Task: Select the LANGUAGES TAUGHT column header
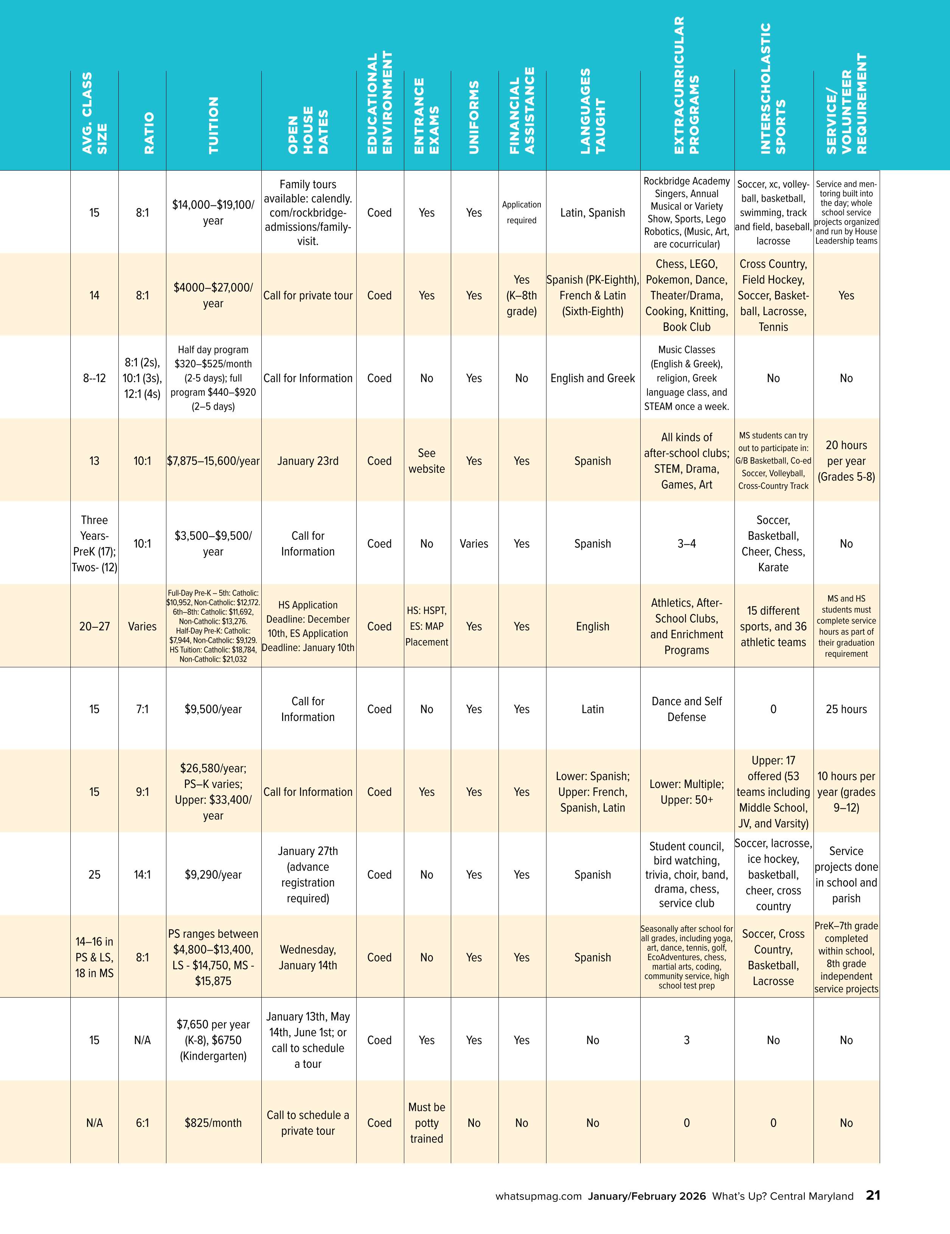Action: (593, 111)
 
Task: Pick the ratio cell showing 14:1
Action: (142, 875)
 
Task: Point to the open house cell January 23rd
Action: (308, 461)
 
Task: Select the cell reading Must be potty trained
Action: (427, 1123)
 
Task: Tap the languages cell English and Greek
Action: (593, 378)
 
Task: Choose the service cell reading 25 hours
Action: (846, 709)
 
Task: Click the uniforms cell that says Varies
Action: (474, 544)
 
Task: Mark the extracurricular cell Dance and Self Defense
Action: (686, 709)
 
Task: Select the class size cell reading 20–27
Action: (94, 626)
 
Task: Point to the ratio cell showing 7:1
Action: (142, 709)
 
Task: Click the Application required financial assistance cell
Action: (521, 213)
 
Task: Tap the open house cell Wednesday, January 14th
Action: (308, 957)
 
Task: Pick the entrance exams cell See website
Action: (427, 461)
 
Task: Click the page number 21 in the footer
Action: (873, 1195)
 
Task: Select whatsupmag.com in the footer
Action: (538, 1196)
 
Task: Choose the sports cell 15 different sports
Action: (773, 626)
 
